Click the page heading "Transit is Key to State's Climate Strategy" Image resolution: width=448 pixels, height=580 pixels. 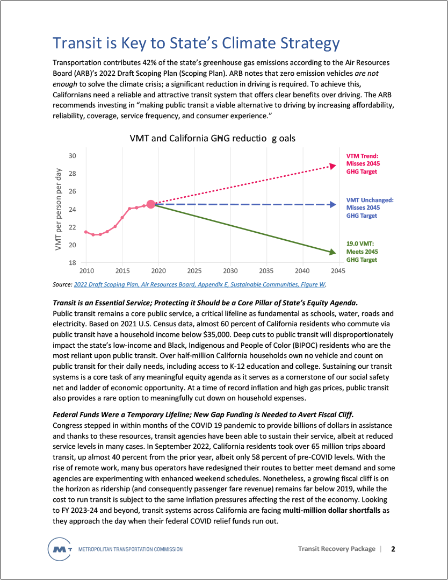[196, 43]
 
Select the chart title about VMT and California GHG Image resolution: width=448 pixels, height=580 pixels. [213, 138]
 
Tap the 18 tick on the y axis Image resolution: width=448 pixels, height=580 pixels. [72, 263]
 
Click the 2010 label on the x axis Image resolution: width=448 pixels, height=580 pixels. [86, 270]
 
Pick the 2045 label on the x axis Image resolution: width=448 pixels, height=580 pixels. [338, 270]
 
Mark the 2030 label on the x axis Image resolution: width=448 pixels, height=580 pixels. [230, 270]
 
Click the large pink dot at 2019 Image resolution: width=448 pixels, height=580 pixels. [151, 204]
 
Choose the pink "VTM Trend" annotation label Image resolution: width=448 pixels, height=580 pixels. [362, 164]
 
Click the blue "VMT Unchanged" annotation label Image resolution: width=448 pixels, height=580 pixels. [370, 207]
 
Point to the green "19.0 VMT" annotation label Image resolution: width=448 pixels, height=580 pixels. [362, 252]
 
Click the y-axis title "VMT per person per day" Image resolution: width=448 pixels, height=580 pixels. [58, 210]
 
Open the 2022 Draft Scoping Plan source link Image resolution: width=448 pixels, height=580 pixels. [200, 284]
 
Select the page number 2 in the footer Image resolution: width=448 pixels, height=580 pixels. [393, 549]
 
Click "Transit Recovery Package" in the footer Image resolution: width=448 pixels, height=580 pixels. [337, 549]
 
